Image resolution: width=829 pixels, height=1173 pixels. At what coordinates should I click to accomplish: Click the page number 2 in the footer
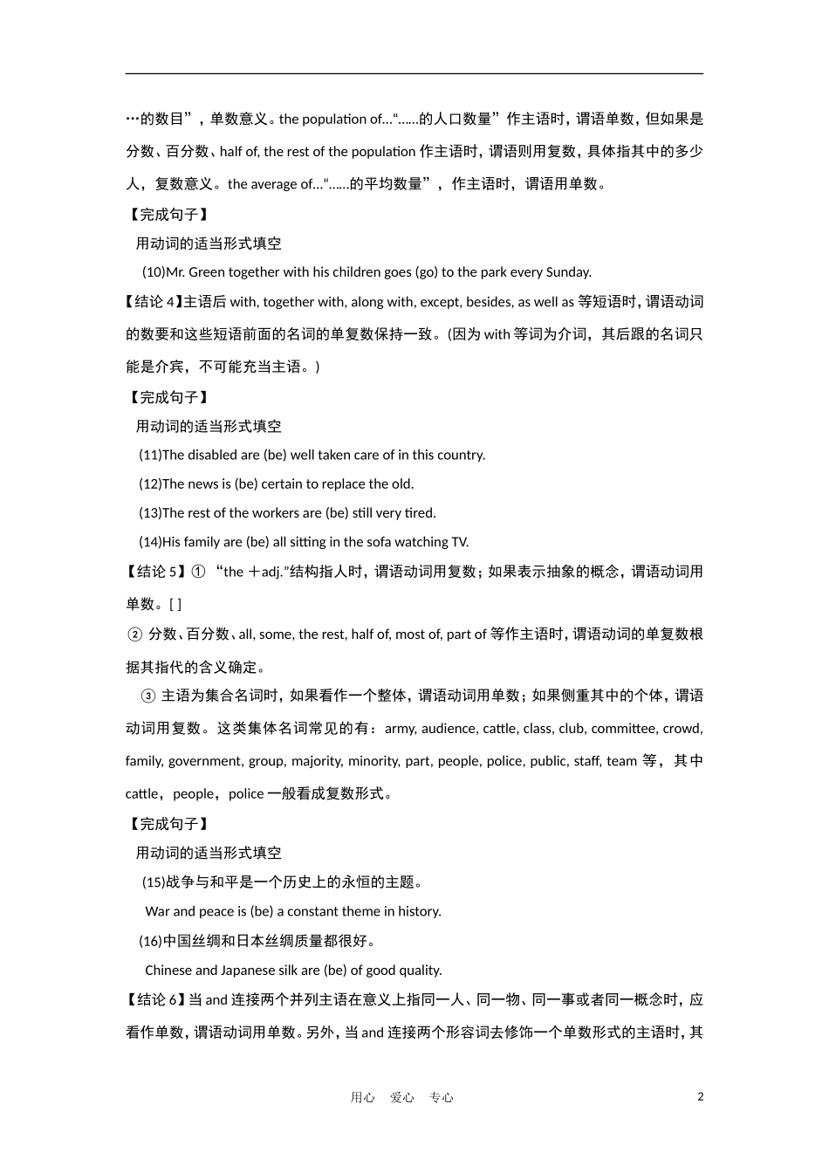pyautogui.click(x=700, y=1096)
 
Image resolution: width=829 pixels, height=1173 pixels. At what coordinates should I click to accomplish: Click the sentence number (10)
pyautogui.click(x=154, y=271)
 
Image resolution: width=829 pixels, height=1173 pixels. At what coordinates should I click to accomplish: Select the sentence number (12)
pyautogui.click(x=150, y=484)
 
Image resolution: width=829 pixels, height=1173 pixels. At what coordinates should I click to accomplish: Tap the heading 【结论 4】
pyautogui.click(x=154, y=302)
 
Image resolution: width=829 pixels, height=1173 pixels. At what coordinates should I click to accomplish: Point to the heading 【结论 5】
pyautogui.click(x=154, y=572)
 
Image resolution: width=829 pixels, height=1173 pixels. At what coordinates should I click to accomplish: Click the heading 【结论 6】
pyautogui.click(x=154, y=1000)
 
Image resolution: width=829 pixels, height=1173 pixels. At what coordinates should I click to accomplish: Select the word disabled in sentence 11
pyautogui.click(x=213, y=455)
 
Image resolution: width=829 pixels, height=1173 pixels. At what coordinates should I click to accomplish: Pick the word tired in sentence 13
pyautogui.click(x=420, y=512)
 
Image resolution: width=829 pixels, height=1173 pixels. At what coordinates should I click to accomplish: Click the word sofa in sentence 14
pyautogui.click(x=359, y=542)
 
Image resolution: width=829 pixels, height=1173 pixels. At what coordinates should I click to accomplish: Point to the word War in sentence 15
pyautogui.click(x=157, y=911)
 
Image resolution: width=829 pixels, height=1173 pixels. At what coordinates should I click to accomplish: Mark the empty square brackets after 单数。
pyautogui.click(x=175, y=604)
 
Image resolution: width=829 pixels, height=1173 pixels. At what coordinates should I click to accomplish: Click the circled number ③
pyautogui.click(x=147, y=696)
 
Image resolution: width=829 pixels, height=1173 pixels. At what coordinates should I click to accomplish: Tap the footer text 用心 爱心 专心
pyautogui.click(x=402, y=1097)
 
